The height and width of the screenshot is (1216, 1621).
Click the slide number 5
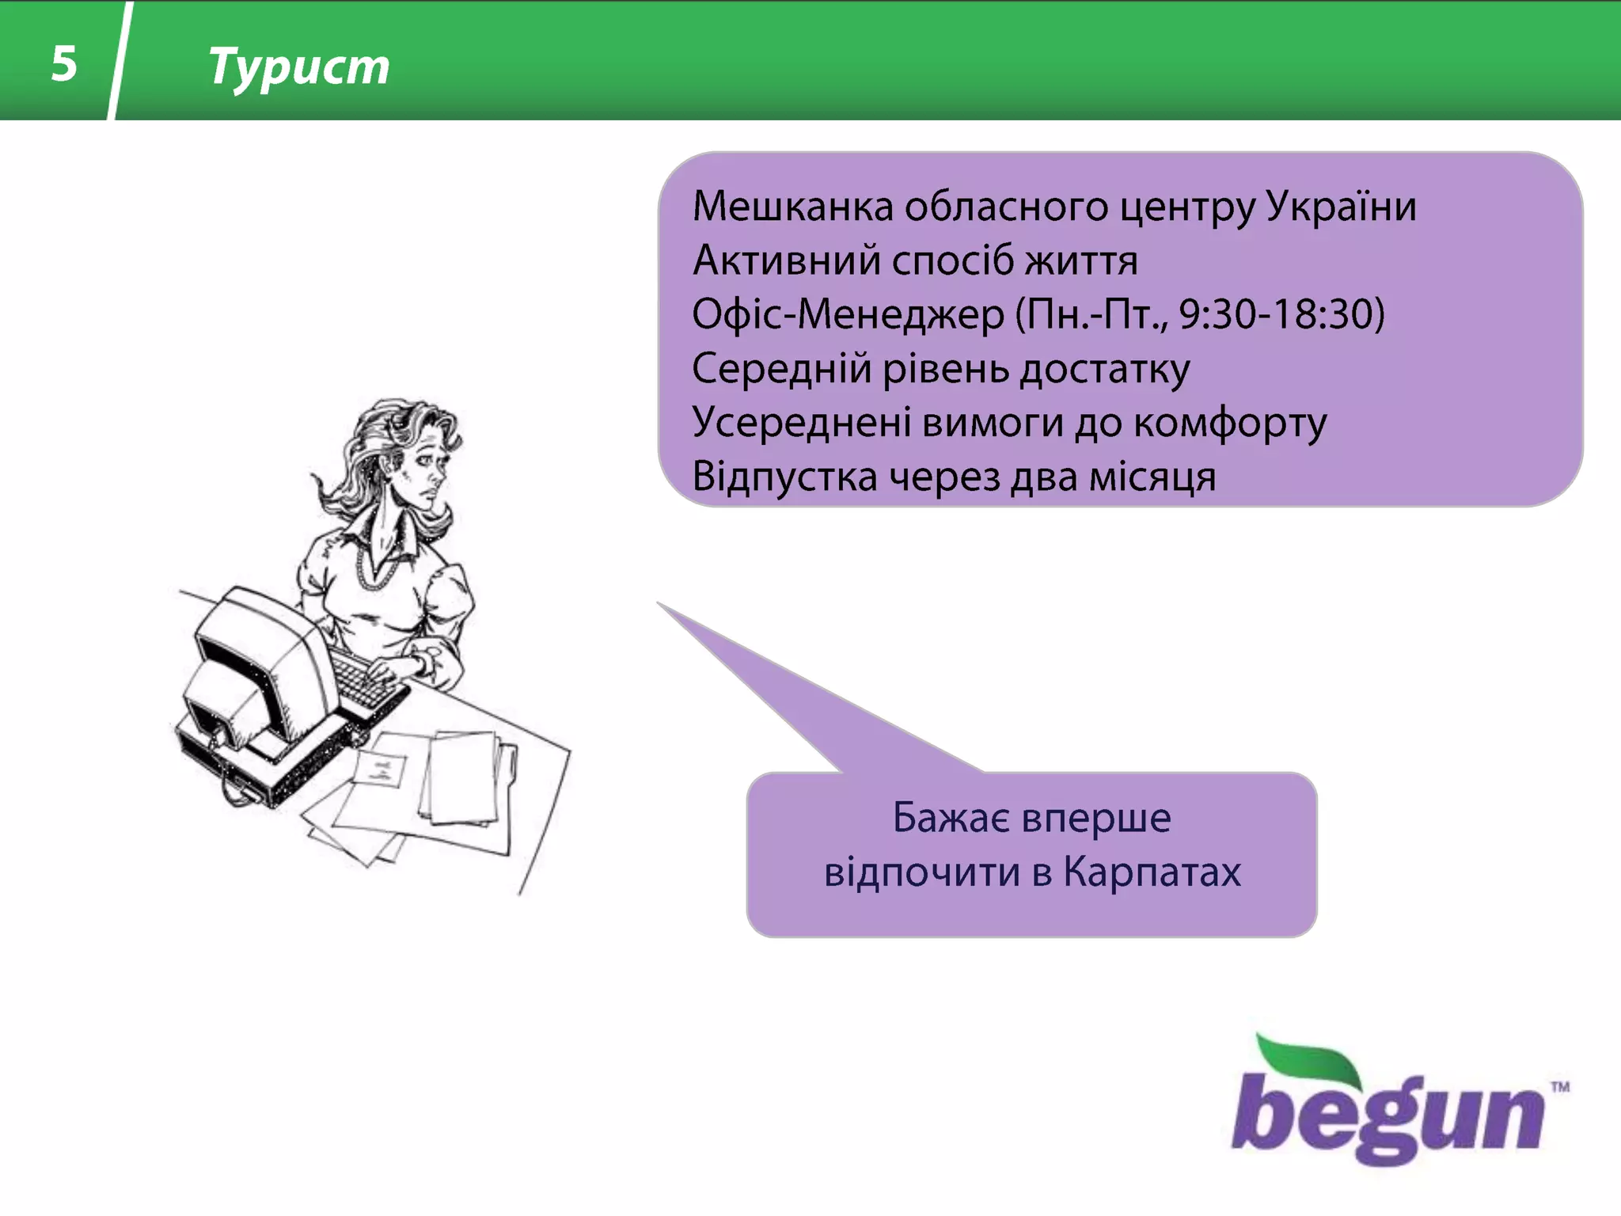[64, 63]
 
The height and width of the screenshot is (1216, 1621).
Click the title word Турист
[298, 66]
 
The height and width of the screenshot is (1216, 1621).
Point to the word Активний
[786, 260]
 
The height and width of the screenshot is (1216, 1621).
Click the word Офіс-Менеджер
[848, 314]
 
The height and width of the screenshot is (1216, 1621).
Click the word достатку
[1104, 370]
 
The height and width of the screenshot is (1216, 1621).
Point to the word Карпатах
[1152, 872]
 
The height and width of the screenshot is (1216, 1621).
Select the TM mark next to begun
[1559, 1087]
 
